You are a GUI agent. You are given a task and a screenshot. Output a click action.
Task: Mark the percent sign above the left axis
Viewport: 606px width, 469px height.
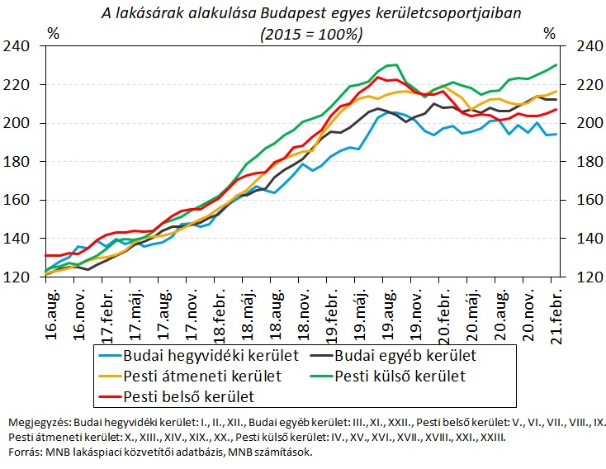click(54, 33)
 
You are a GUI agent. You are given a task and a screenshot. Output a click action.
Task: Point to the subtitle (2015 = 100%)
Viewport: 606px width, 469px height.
click(310, 35)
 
